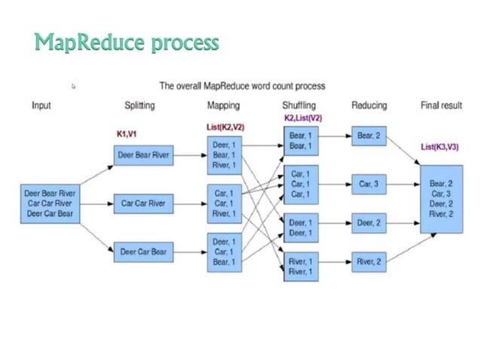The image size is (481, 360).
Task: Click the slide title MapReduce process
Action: (127, 43)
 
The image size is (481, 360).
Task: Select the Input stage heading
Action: (41, 105)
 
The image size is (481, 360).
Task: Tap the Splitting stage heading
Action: (139, 105)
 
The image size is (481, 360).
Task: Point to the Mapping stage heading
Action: (223, 105)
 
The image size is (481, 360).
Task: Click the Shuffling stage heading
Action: (299, 105)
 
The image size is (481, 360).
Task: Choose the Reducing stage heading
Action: (369, 105)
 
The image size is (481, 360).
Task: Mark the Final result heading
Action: (441, 105)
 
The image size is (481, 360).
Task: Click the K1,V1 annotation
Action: (126, 133)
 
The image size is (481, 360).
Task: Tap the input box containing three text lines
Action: (50, 203)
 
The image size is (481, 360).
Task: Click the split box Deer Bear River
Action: (144, 156)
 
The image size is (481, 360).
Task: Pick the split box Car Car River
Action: (144, 203)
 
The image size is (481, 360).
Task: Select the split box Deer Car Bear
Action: (144, 252)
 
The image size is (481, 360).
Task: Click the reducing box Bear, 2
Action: (369, 136)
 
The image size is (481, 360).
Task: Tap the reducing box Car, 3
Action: (369, 183)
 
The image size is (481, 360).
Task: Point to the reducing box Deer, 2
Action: (369, 223)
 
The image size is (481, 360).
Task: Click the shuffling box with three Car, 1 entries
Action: (300, 184)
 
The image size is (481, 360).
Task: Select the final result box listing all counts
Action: (441, 198)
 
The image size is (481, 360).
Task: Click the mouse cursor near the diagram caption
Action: (74, 87)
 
